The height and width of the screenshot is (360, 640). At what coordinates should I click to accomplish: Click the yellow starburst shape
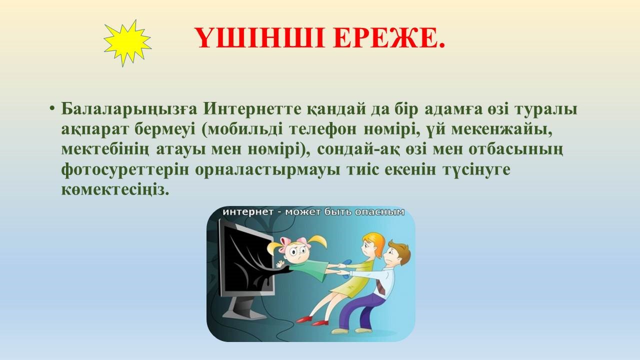point(127,43)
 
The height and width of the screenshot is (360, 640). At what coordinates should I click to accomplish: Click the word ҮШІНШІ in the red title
point(259,38)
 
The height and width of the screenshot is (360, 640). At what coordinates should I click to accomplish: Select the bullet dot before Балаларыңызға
point(51,109)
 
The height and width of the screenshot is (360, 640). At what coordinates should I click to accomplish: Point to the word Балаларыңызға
point(129,109)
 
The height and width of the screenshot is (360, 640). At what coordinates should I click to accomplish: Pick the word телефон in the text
point(323,129)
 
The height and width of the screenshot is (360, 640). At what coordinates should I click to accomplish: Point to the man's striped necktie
point(380,286)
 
